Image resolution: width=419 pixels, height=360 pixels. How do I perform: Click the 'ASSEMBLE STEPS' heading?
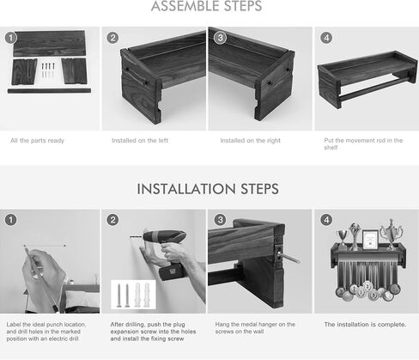pos(206,6)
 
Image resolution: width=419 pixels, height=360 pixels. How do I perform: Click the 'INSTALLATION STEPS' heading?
pos(208,189)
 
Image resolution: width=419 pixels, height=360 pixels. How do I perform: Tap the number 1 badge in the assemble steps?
pos(11,38)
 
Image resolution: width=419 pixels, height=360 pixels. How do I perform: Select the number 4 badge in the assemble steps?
pos(326,38)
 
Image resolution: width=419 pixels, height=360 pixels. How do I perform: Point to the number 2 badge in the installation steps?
pos(112,220)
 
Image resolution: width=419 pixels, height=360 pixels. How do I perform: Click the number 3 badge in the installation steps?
pos(220,220)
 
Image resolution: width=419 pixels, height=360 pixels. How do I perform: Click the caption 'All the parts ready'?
pos(37,141)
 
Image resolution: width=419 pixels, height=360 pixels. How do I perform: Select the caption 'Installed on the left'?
pos(140,141)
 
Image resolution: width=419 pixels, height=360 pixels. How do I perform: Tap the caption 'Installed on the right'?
pos(251,141)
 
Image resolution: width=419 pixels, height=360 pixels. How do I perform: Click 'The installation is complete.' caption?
pos(365,325)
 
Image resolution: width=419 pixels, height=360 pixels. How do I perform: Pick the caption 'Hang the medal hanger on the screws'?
pos(255,328)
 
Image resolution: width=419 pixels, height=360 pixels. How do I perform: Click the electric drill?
pos(166,252)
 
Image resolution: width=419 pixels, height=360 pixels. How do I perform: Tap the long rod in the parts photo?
pos(49,91)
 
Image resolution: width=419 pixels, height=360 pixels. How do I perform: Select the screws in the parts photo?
pos(48,70)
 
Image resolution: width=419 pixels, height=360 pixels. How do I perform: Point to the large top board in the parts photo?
pos(49,43)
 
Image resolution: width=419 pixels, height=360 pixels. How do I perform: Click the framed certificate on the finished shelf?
pos(370,239)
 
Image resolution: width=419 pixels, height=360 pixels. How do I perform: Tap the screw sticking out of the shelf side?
pos(288,257)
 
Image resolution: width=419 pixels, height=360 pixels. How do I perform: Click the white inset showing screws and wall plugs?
pos(133,295)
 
